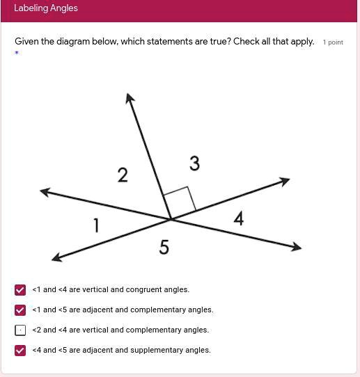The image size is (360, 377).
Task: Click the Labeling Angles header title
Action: tap(46, 8)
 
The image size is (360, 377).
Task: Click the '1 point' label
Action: tap(333, 42)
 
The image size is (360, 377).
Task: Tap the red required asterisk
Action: tap(17, 53)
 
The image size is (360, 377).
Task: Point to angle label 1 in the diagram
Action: tap(96, 225)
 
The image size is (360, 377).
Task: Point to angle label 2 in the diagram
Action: tap(123, 175)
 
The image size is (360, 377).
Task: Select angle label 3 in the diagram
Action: tap(194, 163)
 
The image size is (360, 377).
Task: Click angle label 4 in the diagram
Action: tap(239, 219)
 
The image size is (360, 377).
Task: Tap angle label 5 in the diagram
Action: tap(164, 247)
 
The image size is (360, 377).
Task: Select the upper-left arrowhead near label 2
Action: tap(45, 191)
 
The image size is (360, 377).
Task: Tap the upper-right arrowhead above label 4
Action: tap(284, 181)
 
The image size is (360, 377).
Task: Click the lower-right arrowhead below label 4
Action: tap(297, 246)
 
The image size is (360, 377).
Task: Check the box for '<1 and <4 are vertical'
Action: tap(20, 290)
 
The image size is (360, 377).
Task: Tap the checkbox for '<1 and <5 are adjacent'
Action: tap(20, 310)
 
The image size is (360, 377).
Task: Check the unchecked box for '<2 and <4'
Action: tap(20, 330)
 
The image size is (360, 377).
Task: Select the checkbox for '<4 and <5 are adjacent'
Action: tap(20, 351)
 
